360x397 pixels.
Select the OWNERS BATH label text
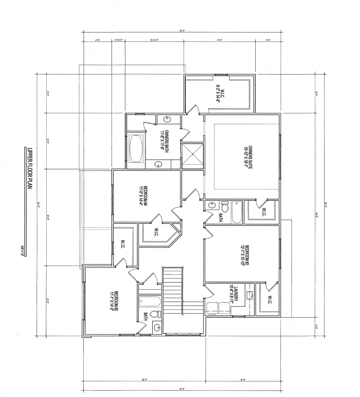(163, 139)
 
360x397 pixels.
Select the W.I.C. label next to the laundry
(269, 300)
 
